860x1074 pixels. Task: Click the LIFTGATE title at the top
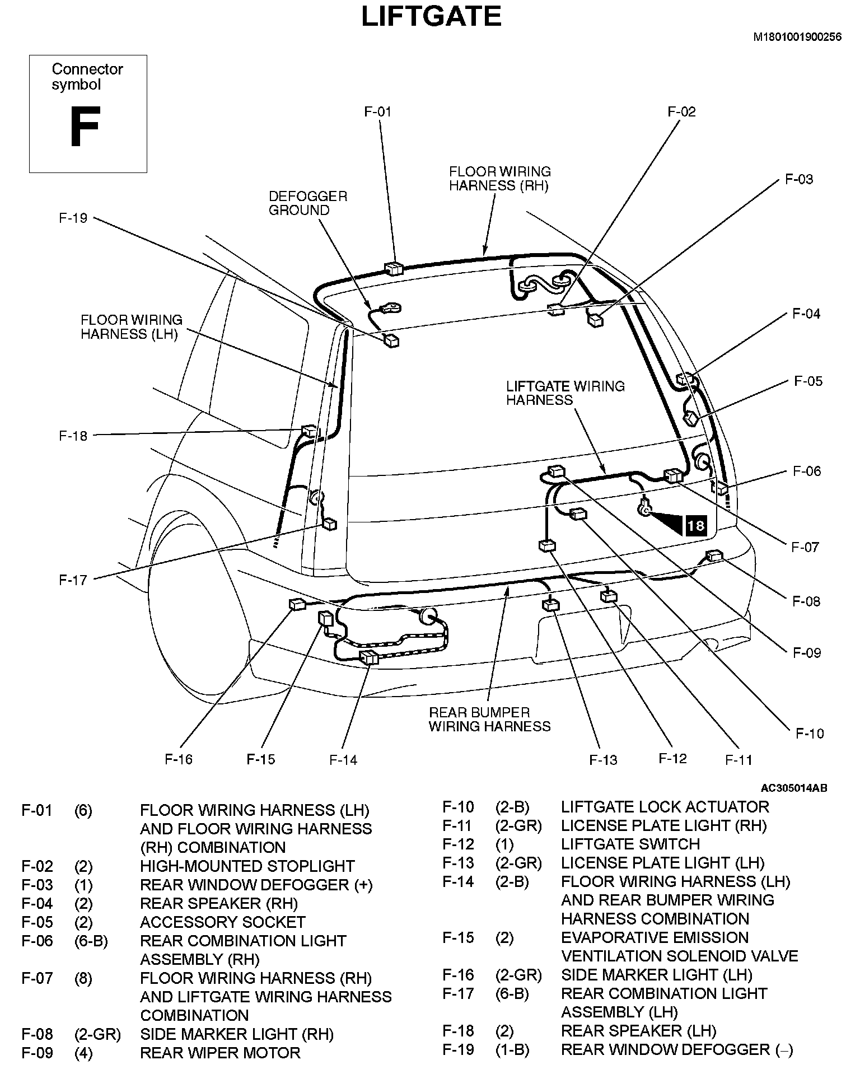pos(431,16)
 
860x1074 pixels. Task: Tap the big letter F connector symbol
pos(85,128)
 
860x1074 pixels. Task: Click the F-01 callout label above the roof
pos(378,112)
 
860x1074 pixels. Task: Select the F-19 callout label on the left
pos(73,218)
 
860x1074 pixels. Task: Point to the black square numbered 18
pos(695,526)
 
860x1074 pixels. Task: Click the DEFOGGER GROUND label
pos(308,203)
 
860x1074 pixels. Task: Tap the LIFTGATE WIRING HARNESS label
pos(565,393)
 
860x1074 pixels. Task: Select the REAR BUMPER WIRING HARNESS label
pos(489,720)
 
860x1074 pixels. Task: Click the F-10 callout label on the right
pos(810,734)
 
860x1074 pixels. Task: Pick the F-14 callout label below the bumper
pos(343,760)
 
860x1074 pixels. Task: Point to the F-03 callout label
pos(798,180)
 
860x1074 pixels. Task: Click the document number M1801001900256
pos(797,38)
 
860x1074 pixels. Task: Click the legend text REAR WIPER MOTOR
pos(220,1053)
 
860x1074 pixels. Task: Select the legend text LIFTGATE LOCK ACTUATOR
pos(665,807)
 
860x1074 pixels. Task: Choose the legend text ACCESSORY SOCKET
pos(222,922)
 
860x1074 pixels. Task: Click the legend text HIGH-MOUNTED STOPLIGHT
pos(247,866)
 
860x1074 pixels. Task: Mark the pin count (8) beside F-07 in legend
pos(83,978)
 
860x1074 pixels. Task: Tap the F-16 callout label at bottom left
pos(179,759)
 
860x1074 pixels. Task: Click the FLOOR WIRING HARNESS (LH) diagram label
pos(132,327)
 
